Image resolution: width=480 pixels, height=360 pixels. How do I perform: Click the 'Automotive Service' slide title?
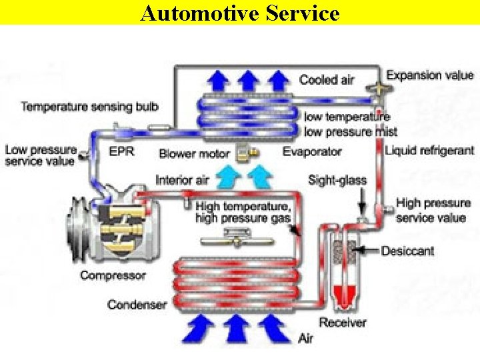click(240, 13)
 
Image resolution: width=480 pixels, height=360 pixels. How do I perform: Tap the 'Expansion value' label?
click(430, 75)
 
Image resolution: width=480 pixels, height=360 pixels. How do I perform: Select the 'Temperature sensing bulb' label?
click(89, 107)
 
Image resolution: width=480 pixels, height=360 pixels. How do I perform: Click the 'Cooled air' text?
click(327, 80)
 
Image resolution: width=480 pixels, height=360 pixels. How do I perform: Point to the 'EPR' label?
click(121, 151)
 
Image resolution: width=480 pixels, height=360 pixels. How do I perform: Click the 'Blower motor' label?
click(194, 154)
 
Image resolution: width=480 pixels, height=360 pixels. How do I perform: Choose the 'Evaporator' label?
click(312, 152)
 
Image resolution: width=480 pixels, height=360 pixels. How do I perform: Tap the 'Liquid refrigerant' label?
click(430, 151)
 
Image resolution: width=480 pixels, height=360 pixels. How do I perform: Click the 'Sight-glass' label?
click(337, 180)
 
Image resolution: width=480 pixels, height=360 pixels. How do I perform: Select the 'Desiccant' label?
click(407, 251)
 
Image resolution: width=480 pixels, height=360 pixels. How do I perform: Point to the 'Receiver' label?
click(343, 323)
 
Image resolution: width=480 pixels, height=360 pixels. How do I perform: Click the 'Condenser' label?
click(137, 305)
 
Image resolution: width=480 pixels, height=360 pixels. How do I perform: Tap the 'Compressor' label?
click(113, 275)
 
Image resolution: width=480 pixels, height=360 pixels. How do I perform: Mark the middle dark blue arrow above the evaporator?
click(248, 81)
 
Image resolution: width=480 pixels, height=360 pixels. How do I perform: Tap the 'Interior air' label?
click(182, 180)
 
